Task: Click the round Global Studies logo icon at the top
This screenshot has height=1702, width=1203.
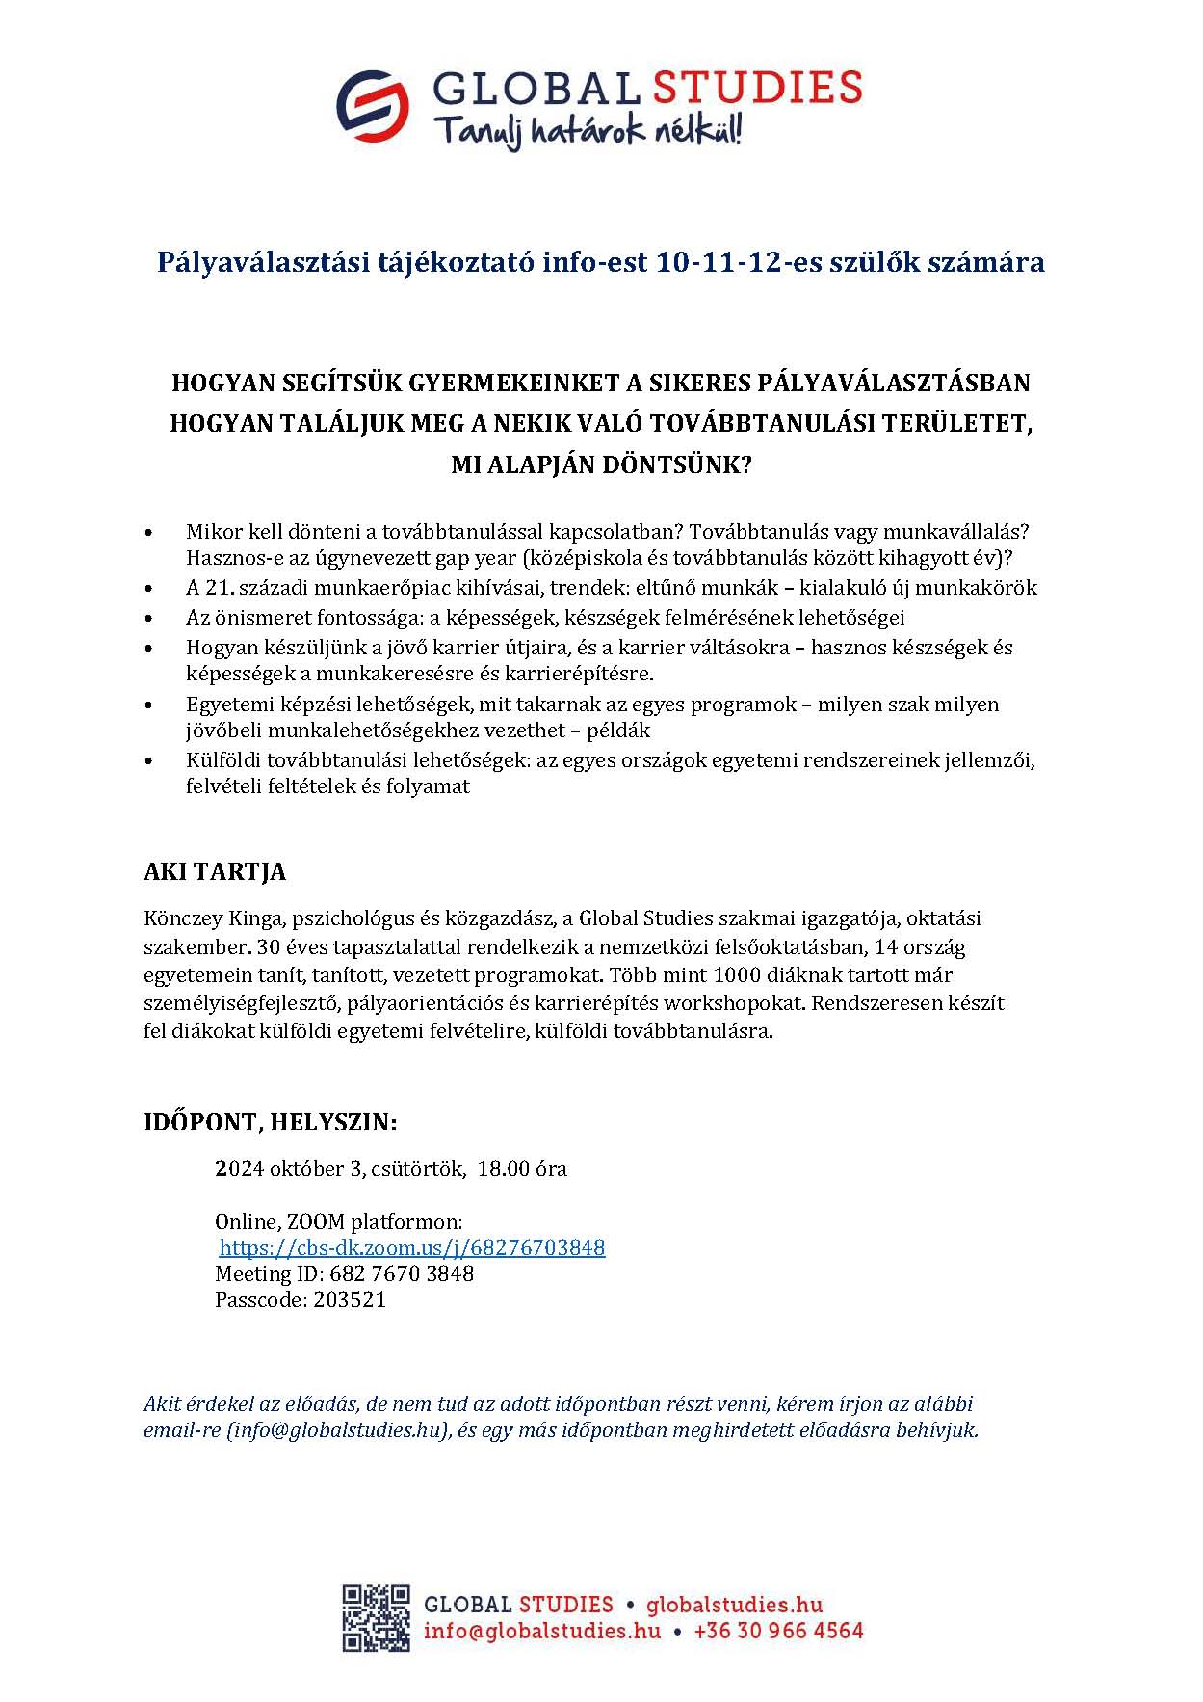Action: tap(372, 106)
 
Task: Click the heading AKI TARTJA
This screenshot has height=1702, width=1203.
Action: tap(215, 872)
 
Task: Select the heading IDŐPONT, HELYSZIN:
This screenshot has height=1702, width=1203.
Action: tap(270, 1123)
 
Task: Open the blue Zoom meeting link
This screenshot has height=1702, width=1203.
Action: tap(412, 1248)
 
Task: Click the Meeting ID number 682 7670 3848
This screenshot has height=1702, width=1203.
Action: tap(402, 1274)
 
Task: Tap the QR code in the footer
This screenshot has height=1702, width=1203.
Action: tap(376, 1617)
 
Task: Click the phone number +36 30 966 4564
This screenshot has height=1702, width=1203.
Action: tap(778, 1631)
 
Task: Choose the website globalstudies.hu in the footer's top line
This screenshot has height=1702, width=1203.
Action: tap(734, 1605)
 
